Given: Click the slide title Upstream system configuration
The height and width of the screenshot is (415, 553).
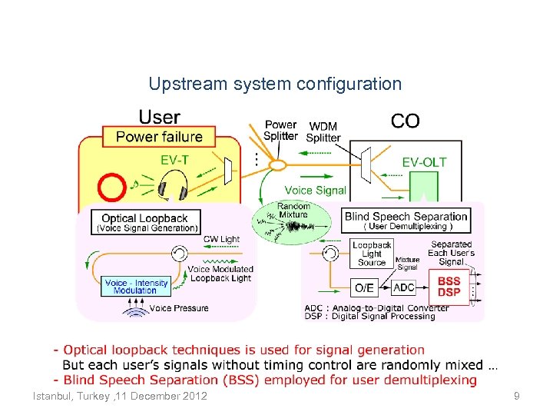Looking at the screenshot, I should [x=275, y=83].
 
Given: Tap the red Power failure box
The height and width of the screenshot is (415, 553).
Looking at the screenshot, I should [x=159, y=137].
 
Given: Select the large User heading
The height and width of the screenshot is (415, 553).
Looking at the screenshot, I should [x=159, y=118].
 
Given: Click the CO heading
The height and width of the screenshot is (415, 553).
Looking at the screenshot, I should [x=406, y=121].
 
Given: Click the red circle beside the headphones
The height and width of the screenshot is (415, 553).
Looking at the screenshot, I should [x=113, y=187].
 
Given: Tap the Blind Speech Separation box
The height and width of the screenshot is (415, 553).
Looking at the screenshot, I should [x=406, y=220].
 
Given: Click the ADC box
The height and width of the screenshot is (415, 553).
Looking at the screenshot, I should [x=404, y=287].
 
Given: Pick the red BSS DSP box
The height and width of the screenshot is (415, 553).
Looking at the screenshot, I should [x=449, y=287].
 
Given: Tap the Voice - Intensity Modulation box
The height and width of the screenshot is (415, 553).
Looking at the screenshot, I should [x=136, y=287].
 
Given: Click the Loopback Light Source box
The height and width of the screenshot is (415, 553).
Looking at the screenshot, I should [x=372, y=254].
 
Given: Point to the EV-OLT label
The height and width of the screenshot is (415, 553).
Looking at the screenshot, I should [x=424, y=162].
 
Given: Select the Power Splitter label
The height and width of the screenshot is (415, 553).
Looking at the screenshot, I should [x=280, y=130].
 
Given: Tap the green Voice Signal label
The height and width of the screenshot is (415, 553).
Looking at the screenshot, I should [x=315, y=190].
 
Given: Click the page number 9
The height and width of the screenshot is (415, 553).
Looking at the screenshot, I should [x=517, y=396].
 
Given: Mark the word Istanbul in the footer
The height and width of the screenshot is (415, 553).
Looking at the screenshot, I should [x=51, y=396].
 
